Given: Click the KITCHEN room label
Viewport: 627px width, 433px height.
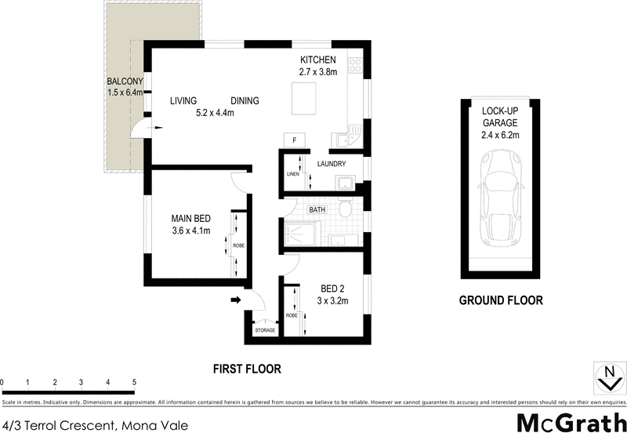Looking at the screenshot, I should [318, 60].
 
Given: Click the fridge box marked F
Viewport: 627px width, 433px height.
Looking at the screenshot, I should [294, 140].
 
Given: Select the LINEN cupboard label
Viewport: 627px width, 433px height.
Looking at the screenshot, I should [293, 174].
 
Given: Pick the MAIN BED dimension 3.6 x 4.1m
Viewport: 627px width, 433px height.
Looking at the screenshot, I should [191, 231].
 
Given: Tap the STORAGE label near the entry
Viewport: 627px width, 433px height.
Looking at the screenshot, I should [265, 331].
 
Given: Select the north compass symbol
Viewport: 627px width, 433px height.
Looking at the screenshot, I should [605, 378].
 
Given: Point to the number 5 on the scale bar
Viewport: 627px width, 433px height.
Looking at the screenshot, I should [134, 382].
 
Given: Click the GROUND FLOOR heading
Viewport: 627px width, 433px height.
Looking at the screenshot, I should [500, 300].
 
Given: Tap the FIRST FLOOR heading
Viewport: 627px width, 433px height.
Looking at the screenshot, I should [247, 368].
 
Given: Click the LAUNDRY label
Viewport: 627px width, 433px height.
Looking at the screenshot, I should [332, 164].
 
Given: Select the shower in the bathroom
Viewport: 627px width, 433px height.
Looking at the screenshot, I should [299, 233].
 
